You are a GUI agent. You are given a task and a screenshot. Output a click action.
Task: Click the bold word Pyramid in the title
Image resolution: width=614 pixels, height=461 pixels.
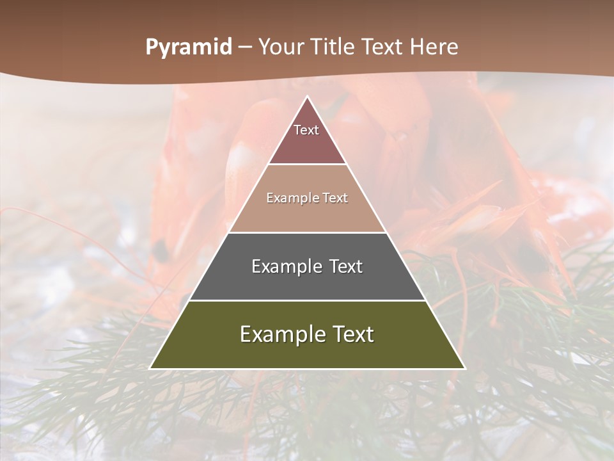coord(189,47)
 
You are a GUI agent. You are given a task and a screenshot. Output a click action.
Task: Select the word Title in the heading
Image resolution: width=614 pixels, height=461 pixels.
coord(334,47)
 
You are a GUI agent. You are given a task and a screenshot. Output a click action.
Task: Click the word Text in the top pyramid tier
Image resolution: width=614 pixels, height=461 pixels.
coord(306,130)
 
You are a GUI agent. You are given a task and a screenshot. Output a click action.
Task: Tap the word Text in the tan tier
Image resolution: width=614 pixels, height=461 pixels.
coord(334,198)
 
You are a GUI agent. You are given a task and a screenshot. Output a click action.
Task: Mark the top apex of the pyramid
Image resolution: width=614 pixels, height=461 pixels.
coord(308,97)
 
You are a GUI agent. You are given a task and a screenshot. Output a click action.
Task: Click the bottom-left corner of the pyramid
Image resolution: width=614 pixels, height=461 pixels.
coord(151,368)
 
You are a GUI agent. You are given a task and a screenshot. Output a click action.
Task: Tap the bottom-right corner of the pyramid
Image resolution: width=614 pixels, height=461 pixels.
coord(464,368)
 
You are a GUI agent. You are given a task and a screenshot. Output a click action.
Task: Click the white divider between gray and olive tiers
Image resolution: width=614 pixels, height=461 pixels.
coord(308,300)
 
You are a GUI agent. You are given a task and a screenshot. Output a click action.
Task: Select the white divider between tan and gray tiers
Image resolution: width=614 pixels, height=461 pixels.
coord(308,232)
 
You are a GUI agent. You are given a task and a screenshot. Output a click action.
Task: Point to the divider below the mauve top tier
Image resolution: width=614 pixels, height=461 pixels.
coord(308,165)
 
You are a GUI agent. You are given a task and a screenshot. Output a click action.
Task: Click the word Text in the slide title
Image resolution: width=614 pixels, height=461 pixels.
coord(382,47)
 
